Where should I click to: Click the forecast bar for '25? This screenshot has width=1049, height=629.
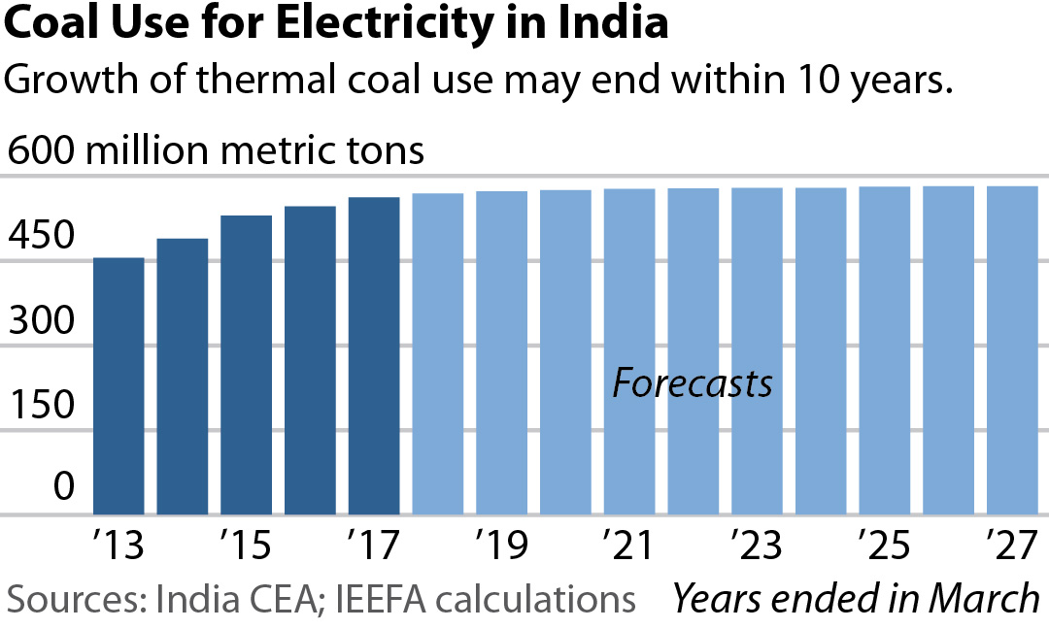[x=884, y=350]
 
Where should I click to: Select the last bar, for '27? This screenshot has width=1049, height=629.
[x=1012, y=350]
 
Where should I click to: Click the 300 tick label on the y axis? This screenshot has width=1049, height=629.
[x=40, y=321]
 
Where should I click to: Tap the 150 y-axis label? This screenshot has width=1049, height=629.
[x=40, y=406]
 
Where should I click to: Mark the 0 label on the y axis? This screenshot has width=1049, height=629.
[x=64, y=488]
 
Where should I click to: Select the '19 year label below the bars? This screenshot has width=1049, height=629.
[x=501, y=546]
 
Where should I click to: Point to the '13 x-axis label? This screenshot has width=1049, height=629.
[x=118, y=546]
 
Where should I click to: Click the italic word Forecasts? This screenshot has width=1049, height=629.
[x=693, y=383]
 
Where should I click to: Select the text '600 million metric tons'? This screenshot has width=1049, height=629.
[x=216, y=151]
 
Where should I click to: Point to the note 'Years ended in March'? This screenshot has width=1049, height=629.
[x=856, y=599]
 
